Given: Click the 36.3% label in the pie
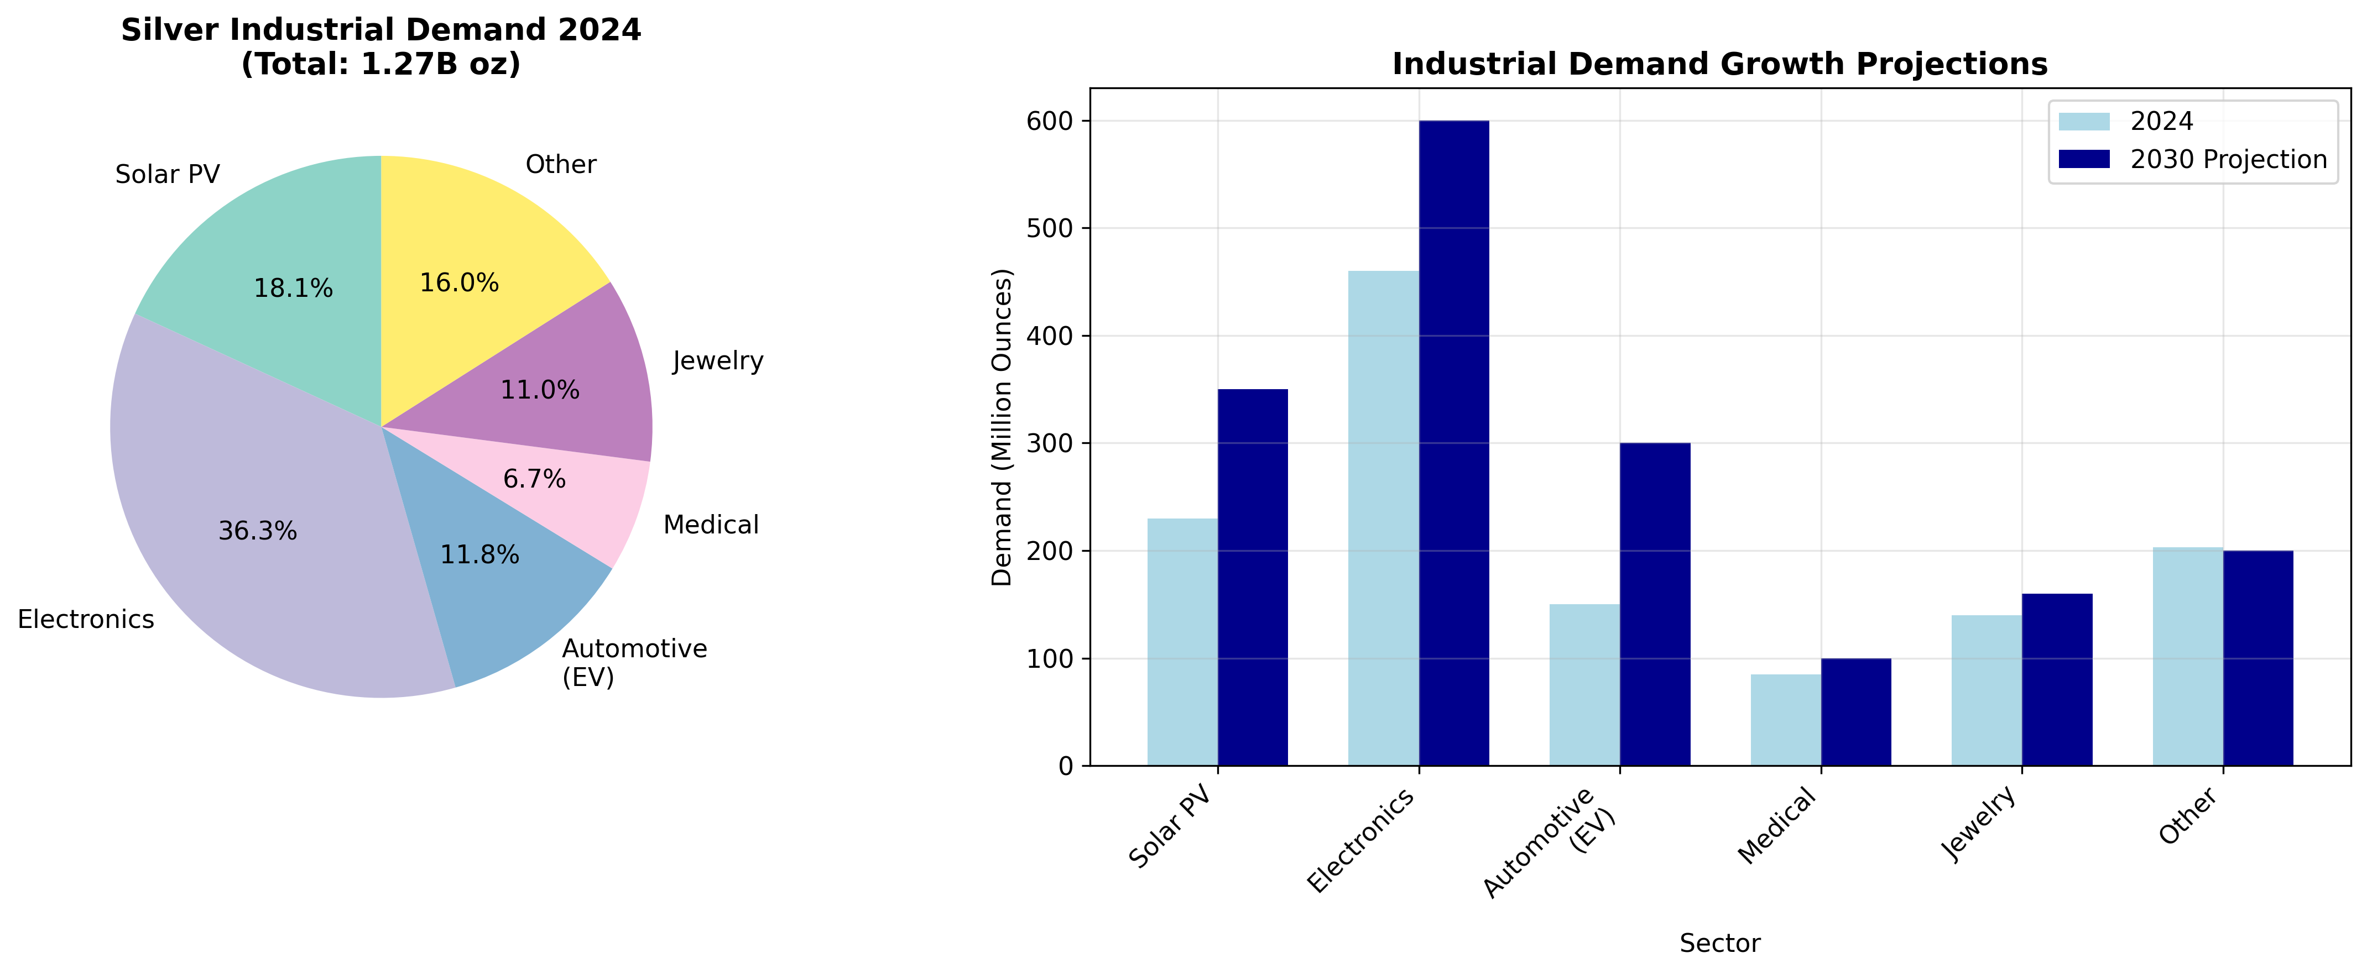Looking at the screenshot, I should coord(257,531).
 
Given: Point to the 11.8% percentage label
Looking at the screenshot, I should coord(479,555).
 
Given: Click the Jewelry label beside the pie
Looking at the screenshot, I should coord(718,361).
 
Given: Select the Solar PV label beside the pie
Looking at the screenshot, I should coord(167,175).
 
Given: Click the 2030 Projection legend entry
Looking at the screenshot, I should coord(2227,160).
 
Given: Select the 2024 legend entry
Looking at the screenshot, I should coord(2161,121).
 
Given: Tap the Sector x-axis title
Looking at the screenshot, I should coord(1719,944).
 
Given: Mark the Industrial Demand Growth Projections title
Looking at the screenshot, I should coord(1719,64).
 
